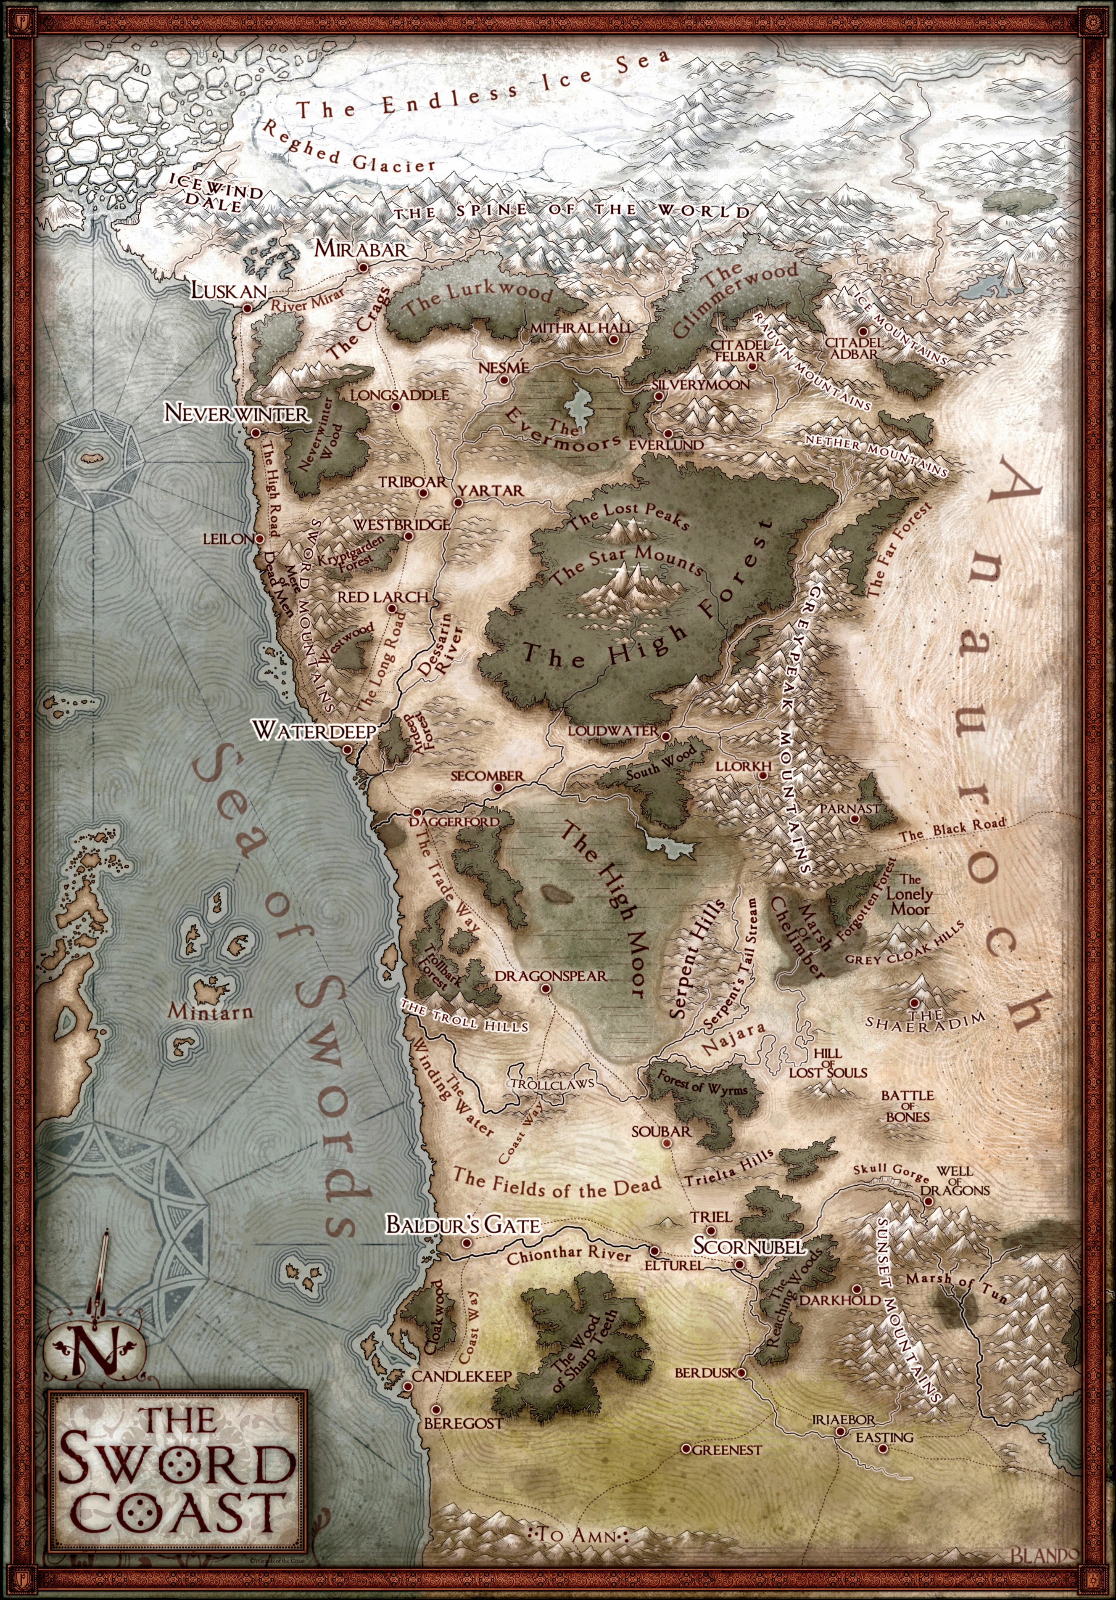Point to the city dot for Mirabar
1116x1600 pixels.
point(362,268)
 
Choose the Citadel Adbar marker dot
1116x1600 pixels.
point(863,331)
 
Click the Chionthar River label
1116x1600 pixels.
point(568,1256)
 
